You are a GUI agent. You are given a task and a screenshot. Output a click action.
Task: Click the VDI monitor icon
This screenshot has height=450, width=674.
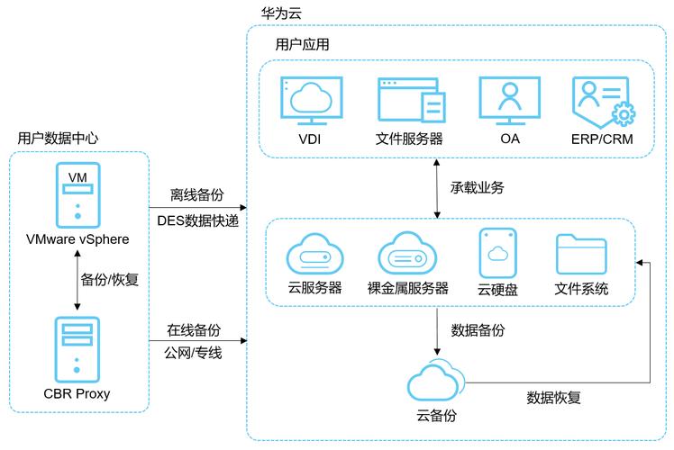click(x=311, y=101)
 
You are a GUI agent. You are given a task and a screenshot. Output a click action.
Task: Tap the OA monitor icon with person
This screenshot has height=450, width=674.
click(x=510, y=101)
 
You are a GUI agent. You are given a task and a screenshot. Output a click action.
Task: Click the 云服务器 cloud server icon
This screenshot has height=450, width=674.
click(x=315, y=255)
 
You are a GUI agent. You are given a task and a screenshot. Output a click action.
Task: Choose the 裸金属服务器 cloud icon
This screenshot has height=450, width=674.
click(x=407, y=255)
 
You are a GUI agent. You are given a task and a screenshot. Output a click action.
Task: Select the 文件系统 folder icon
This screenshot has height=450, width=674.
click(x=581, y=254)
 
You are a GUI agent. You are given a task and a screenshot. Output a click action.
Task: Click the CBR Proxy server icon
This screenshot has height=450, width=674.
click(x=77, y=348)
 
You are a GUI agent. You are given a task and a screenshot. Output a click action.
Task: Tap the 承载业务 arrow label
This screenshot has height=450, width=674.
click(x=476, y=187)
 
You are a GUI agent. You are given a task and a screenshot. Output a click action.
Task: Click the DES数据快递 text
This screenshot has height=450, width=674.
click(x=197, y=219)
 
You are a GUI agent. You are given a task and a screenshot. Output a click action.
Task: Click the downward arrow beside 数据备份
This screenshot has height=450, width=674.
click(x=437, y=330)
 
